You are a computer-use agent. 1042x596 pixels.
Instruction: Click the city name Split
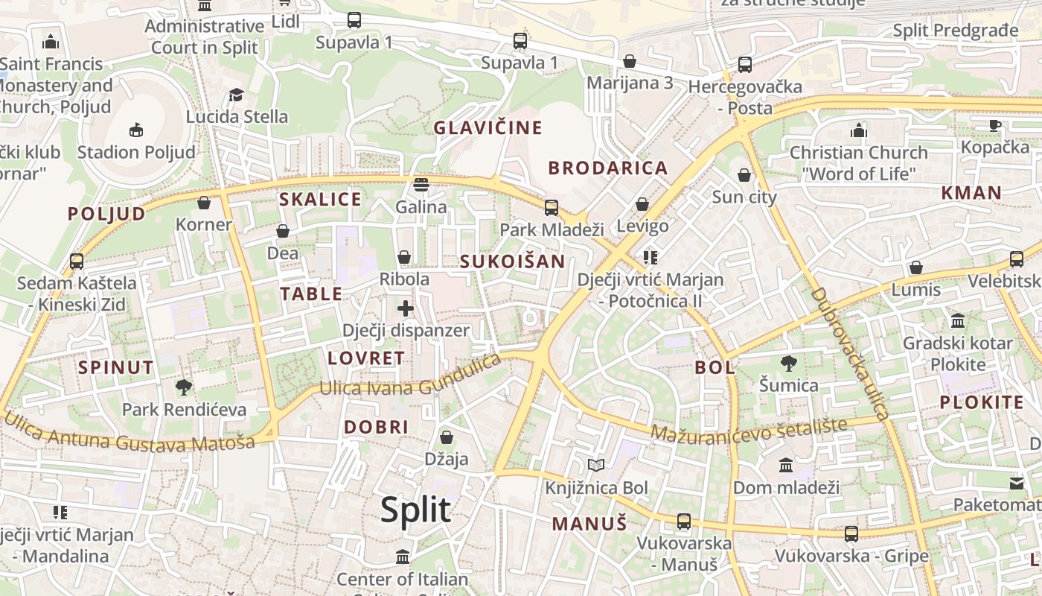click(x=415, y=510)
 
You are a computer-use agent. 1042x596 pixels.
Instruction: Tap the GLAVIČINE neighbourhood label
click(x=488, y=127)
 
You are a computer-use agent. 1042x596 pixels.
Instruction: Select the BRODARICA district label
click(x=608, y=168)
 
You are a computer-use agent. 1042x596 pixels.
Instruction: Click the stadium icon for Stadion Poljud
click(x=136, y=130)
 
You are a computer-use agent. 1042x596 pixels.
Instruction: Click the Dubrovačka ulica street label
click(x=849, y=354)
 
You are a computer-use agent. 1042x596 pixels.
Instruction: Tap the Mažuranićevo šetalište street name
click(x=749, y=429)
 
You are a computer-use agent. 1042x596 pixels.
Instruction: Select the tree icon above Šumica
click(x=788, y=364)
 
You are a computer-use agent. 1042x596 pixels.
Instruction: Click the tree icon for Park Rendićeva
click(x=184, y=387)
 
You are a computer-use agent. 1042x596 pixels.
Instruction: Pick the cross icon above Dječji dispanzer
click(x=406, y=308)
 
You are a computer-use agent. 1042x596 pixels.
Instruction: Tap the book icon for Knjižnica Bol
click(x=596, y=466)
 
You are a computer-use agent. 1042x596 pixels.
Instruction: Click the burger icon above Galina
click(x=421, y=184)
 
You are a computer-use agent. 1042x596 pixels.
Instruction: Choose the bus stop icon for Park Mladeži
click(x=552, y=207)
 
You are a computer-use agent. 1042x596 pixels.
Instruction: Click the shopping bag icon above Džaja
click(x=447, y=437)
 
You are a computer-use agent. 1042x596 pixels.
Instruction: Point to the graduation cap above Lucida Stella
click(x=237, y=95)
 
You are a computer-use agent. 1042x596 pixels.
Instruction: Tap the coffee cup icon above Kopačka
click(x=994, y=125)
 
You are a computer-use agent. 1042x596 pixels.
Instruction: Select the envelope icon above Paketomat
click(x=1017, y=483)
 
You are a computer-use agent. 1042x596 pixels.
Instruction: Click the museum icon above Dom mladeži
click(x=786, y=466)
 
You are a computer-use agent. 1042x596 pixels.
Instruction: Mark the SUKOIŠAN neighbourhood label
click(x=512, y=261)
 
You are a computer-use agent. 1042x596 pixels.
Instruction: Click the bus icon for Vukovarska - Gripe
click(x=851, y=533)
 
